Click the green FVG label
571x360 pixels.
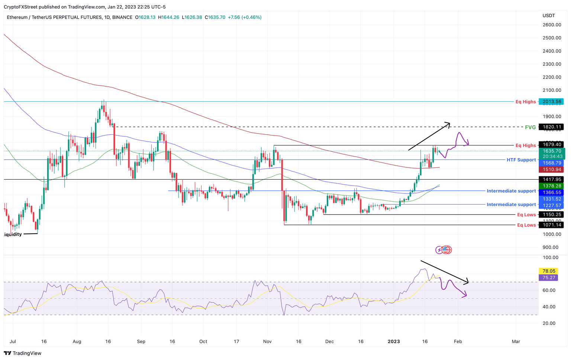tap(530, 127)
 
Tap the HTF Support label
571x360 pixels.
tap(521, 160)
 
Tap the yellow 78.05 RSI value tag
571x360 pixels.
tap(549, 271)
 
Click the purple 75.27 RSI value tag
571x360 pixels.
tap(549, 278)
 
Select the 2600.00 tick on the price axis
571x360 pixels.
tap(552, 25)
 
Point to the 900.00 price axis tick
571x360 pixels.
tap(550, 247)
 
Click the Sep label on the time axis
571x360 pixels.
tap(141, 341)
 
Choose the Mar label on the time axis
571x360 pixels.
tap(516, 341)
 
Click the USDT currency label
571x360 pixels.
tap(549, 16)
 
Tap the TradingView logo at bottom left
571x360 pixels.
tap(23, 353)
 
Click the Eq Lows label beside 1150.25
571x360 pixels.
tap(526, 215)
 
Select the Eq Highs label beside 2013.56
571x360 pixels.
tap(526, 102)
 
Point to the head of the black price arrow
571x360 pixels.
tap(449, 123)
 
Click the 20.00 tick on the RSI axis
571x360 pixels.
tap(550, 323)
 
